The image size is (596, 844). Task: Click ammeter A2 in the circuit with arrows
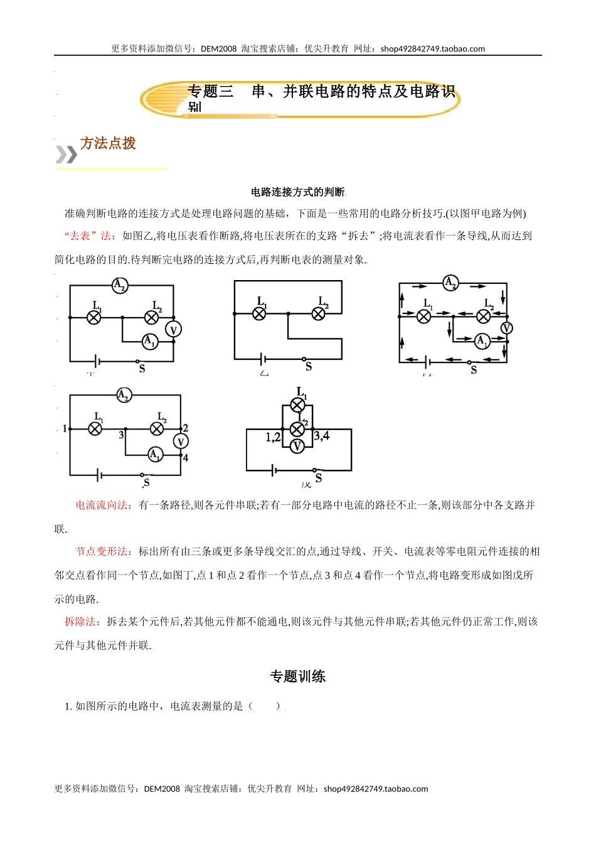click(450, 283)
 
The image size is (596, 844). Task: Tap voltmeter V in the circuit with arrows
click(506, 328)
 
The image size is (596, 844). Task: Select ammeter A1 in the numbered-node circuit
click(155, 454)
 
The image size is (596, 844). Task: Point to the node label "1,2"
click(273, 437)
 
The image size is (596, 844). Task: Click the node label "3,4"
click(322, 436)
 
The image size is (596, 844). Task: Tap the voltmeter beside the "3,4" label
click(297, 446)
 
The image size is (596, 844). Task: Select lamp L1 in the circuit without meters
click(259, 313)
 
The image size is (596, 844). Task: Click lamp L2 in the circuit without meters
click(319, 313)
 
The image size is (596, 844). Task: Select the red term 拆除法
click(82, 622)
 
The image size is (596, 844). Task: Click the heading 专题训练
click(298, 676)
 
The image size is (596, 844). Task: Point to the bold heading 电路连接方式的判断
click(298, 192)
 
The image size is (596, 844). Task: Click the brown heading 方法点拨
click(108, 143)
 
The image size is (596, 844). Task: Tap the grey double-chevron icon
click(67, 154)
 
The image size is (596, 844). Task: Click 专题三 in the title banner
click(211, 92)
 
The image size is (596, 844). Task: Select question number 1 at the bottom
click(68, 706)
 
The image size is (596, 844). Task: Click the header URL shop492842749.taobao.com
click(432, 49)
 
